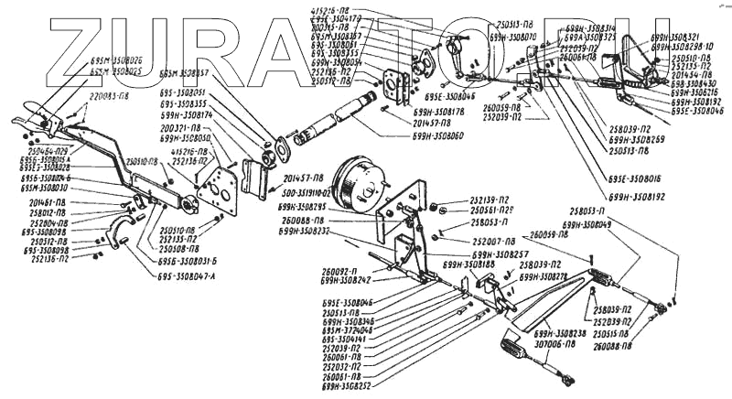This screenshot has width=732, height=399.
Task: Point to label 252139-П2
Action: pos(490,199)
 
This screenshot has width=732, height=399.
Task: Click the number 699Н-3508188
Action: pos(469,264)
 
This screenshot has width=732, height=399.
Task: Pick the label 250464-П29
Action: pos(28,149)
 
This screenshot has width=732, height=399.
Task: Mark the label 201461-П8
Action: pos(48,202)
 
